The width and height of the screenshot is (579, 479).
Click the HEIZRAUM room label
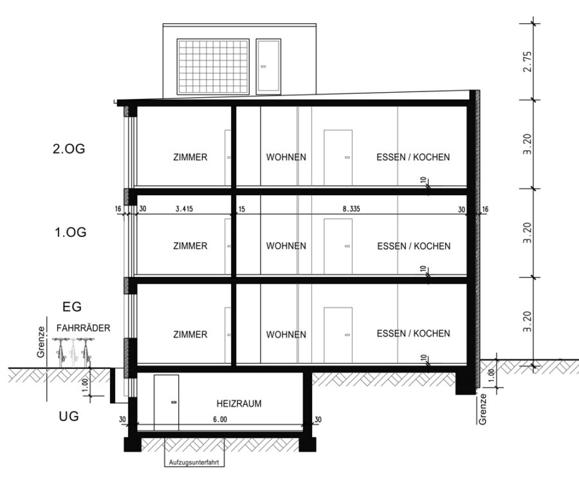[x=239, y=403]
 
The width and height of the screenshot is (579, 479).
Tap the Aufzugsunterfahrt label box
[x=194, y=462]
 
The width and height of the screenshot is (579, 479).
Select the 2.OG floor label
[x=69, y=149]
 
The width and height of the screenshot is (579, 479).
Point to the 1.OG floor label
[x=71, y=232]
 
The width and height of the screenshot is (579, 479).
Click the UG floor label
[x=69, y=416]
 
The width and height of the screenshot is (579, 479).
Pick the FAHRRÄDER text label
[x=84, y=328]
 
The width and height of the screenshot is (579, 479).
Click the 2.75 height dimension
[x=528, y=61]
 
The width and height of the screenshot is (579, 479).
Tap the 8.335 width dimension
[x=351, y=209]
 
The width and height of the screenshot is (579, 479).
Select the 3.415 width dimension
[x=184, y=209]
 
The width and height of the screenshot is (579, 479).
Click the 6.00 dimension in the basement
[x=220, y=420]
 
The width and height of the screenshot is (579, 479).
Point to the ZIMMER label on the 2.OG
[x=190, y=157]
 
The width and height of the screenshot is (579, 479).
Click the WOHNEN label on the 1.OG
[x=286, y=246]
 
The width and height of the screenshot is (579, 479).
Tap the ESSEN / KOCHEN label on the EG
[x=413, y=333]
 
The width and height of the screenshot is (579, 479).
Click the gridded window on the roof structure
[x=213, y=66]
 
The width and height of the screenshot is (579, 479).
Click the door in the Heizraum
[x=166, y=402]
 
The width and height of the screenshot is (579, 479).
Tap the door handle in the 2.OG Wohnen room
[x=347, y=158]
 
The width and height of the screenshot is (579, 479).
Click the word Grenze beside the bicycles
[x=41, y=342]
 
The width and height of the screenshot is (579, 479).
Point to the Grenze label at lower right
[x=482, y=409]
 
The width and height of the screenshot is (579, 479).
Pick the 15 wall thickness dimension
[x=241, y=210]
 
